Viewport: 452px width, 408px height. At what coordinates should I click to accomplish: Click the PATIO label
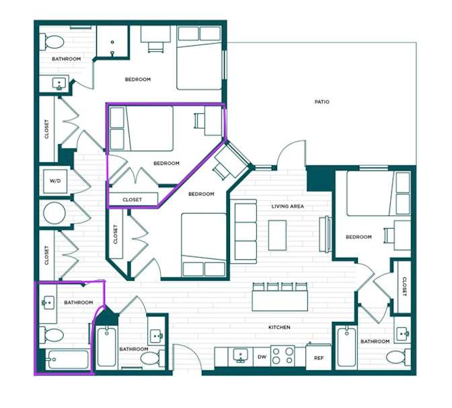322,102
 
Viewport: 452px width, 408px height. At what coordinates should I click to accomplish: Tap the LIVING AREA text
288,206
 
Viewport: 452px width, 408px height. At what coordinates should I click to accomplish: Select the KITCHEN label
279,327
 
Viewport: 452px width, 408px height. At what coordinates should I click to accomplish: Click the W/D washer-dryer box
55,181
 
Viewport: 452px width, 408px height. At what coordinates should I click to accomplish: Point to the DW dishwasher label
262,357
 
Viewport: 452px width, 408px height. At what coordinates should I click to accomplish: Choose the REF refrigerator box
319,357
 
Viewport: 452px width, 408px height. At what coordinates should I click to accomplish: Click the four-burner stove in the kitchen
282,355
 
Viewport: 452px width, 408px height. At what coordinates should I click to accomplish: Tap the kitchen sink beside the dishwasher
240,355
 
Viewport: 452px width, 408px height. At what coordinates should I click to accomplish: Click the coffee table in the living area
277,236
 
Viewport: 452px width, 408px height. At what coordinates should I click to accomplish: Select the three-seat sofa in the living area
246,232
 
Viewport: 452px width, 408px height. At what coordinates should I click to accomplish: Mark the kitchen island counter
280,301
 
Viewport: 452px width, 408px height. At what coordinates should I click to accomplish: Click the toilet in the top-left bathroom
52,42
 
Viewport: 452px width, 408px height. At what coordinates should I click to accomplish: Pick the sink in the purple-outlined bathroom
48,303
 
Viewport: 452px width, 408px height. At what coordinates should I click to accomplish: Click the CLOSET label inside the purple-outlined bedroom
132,200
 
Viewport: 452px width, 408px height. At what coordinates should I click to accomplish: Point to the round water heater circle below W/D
54,213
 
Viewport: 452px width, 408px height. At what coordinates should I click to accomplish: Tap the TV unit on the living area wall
325,234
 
